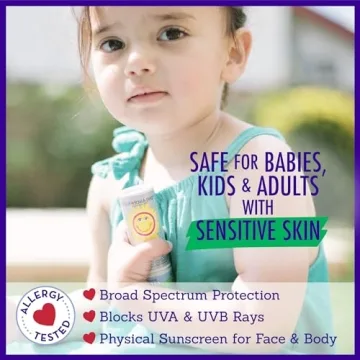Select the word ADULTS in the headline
coord(286,186)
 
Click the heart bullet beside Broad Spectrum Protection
coord(89,294)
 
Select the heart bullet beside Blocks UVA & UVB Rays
coord(89,316)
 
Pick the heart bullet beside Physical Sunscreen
coord(89,339)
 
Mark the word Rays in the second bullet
coord(261,316)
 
